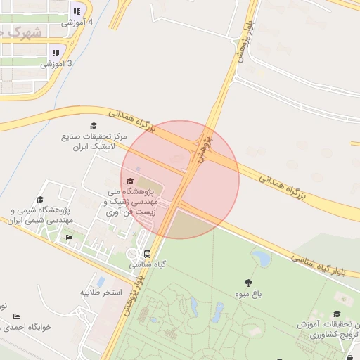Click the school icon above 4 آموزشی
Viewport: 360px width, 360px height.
[x=76, y=11]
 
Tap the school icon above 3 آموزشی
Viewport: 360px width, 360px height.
[x=56, y=52]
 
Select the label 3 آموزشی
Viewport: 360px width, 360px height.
[x=56, y=64]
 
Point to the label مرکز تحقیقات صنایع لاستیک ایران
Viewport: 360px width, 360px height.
[x=94, y=142]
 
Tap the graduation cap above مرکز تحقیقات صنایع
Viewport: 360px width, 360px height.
[x=94, y=125]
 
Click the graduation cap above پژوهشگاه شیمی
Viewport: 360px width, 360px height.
[x=40, y=200]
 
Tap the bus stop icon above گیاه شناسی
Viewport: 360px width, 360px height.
[x=147, y=254]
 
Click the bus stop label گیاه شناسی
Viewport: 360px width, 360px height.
[x=147, y=266]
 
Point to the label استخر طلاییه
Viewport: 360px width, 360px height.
[x=101, y=292]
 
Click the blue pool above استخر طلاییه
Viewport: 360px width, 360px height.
[x=101, y=281]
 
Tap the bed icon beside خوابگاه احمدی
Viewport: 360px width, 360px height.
[x=17, y=316]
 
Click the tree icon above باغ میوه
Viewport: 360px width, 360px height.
[x=248, y=282]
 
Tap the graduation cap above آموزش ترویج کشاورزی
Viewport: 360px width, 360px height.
[x=337, y=314]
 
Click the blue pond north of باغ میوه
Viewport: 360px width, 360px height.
[x=262, y=259]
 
